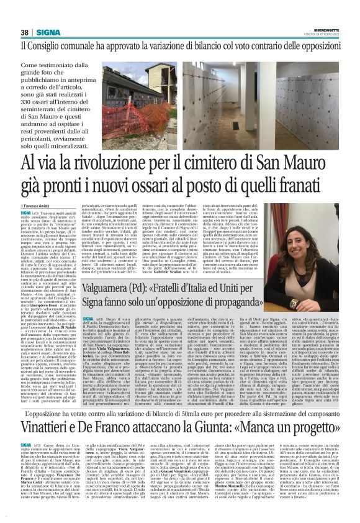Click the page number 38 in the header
pyautogui.click(x=25, y=32)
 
